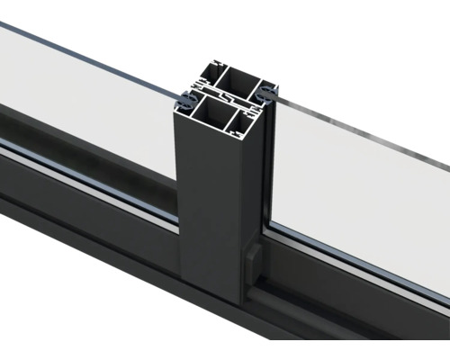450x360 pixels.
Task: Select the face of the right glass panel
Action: (360, 189)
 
